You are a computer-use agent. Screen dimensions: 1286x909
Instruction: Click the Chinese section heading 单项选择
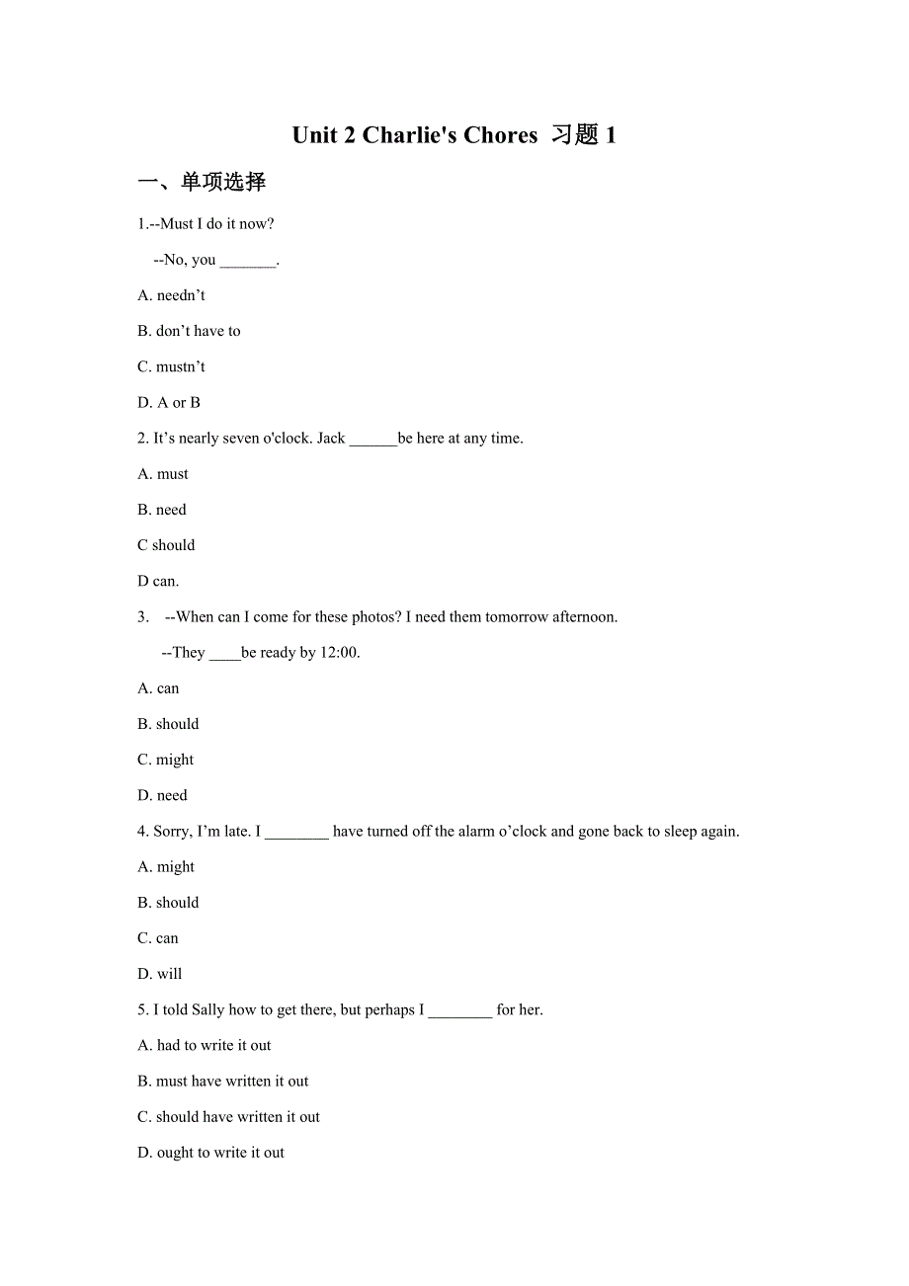(x=223, y=182)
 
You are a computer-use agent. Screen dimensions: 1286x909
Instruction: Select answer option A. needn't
(x=172, y=295)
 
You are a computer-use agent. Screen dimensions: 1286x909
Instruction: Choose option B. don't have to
(x=189, y=331)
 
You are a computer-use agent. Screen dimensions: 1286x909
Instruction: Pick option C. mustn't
(x=172, y=366)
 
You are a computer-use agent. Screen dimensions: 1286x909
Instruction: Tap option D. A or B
(x=169, y=402)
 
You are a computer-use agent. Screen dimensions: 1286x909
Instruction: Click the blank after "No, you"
(x=247, y=261)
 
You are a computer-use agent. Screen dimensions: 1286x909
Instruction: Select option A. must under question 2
(x=163, y=474)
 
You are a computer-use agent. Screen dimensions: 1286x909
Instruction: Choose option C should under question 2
(x=166, y=545)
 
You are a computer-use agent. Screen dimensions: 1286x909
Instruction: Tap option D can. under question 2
(x=158, y=581)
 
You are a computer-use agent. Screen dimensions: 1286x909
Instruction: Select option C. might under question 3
(x=166, y=760)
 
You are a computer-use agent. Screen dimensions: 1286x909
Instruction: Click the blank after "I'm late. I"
(x=296, y=833)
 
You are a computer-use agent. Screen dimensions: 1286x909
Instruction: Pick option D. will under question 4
(x=160, y=974)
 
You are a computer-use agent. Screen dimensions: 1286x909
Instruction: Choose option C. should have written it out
(x=228, y=1117)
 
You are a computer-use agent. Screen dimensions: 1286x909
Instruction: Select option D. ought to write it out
(x=210, y=1153)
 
